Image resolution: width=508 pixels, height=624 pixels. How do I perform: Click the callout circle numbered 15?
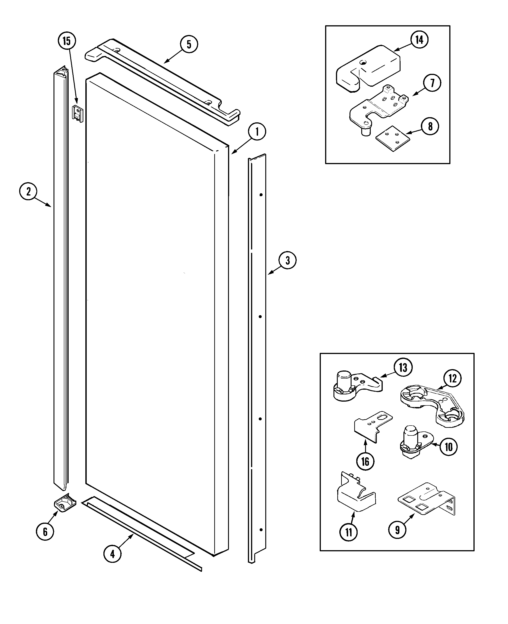(67, 41)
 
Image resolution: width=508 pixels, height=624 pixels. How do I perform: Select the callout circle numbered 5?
(189, 44)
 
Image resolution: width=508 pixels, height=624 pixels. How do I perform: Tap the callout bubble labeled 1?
(257, 132)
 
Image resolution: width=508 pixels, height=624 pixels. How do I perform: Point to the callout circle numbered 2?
(28, 192)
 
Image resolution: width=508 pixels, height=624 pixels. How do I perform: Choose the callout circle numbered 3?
(287, 260)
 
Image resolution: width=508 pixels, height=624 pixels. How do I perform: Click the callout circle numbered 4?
(113, 554)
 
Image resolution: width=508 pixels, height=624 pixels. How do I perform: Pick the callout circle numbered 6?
(45, 532)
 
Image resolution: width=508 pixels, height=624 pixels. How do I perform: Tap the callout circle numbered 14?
(419, 40)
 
